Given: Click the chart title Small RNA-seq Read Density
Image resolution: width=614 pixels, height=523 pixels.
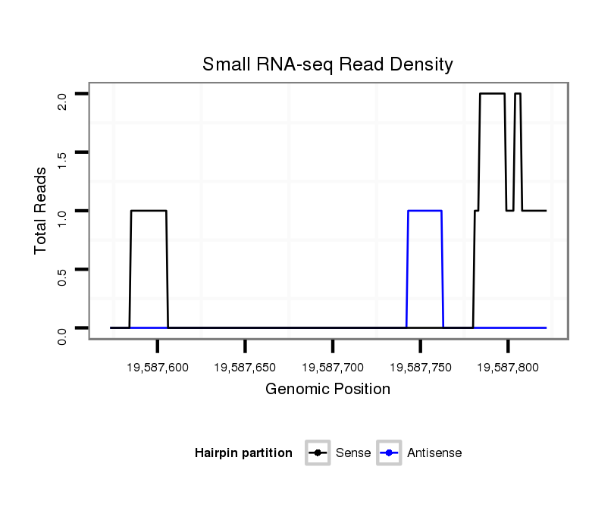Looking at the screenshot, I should click(327, 64).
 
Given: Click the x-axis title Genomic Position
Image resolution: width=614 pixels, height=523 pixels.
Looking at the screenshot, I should click(327, 390).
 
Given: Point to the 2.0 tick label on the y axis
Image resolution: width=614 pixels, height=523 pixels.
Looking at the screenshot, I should click(62, 101).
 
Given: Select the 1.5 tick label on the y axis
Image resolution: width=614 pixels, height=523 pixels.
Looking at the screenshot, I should click(62, 159).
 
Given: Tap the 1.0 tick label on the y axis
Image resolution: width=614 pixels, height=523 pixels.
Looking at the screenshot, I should click(62, 218).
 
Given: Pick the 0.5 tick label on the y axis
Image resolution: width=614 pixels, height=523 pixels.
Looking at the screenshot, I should click(62, 277).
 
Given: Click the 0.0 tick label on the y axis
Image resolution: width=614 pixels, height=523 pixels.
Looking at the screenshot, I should click(62, 335).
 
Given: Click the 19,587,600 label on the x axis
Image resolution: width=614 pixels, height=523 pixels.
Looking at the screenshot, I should click(158, 368).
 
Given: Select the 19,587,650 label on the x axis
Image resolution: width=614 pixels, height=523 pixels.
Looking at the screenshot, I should click(245, 368).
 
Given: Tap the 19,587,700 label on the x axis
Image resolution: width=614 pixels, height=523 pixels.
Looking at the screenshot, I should click(333, 368).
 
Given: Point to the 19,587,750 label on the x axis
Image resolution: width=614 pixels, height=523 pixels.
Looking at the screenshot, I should click(420, 368).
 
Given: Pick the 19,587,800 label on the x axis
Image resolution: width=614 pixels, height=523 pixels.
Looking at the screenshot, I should click(508, 368).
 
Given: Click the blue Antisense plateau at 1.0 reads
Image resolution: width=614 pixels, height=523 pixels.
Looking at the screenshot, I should click(424, 211).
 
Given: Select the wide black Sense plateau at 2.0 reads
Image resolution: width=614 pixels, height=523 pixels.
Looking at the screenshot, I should click(492, 93).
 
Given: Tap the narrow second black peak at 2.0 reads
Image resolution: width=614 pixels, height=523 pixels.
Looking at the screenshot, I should click(518, 93).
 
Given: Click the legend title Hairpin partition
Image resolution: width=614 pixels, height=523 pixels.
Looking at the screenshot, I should click(243, 453).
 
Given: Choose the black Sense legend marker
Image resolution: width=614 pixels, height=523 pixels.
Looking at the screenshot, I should click(318, 453).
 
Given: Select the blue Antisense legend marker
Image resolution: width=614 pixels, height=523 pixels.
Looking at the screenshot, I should click(389, 453).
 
